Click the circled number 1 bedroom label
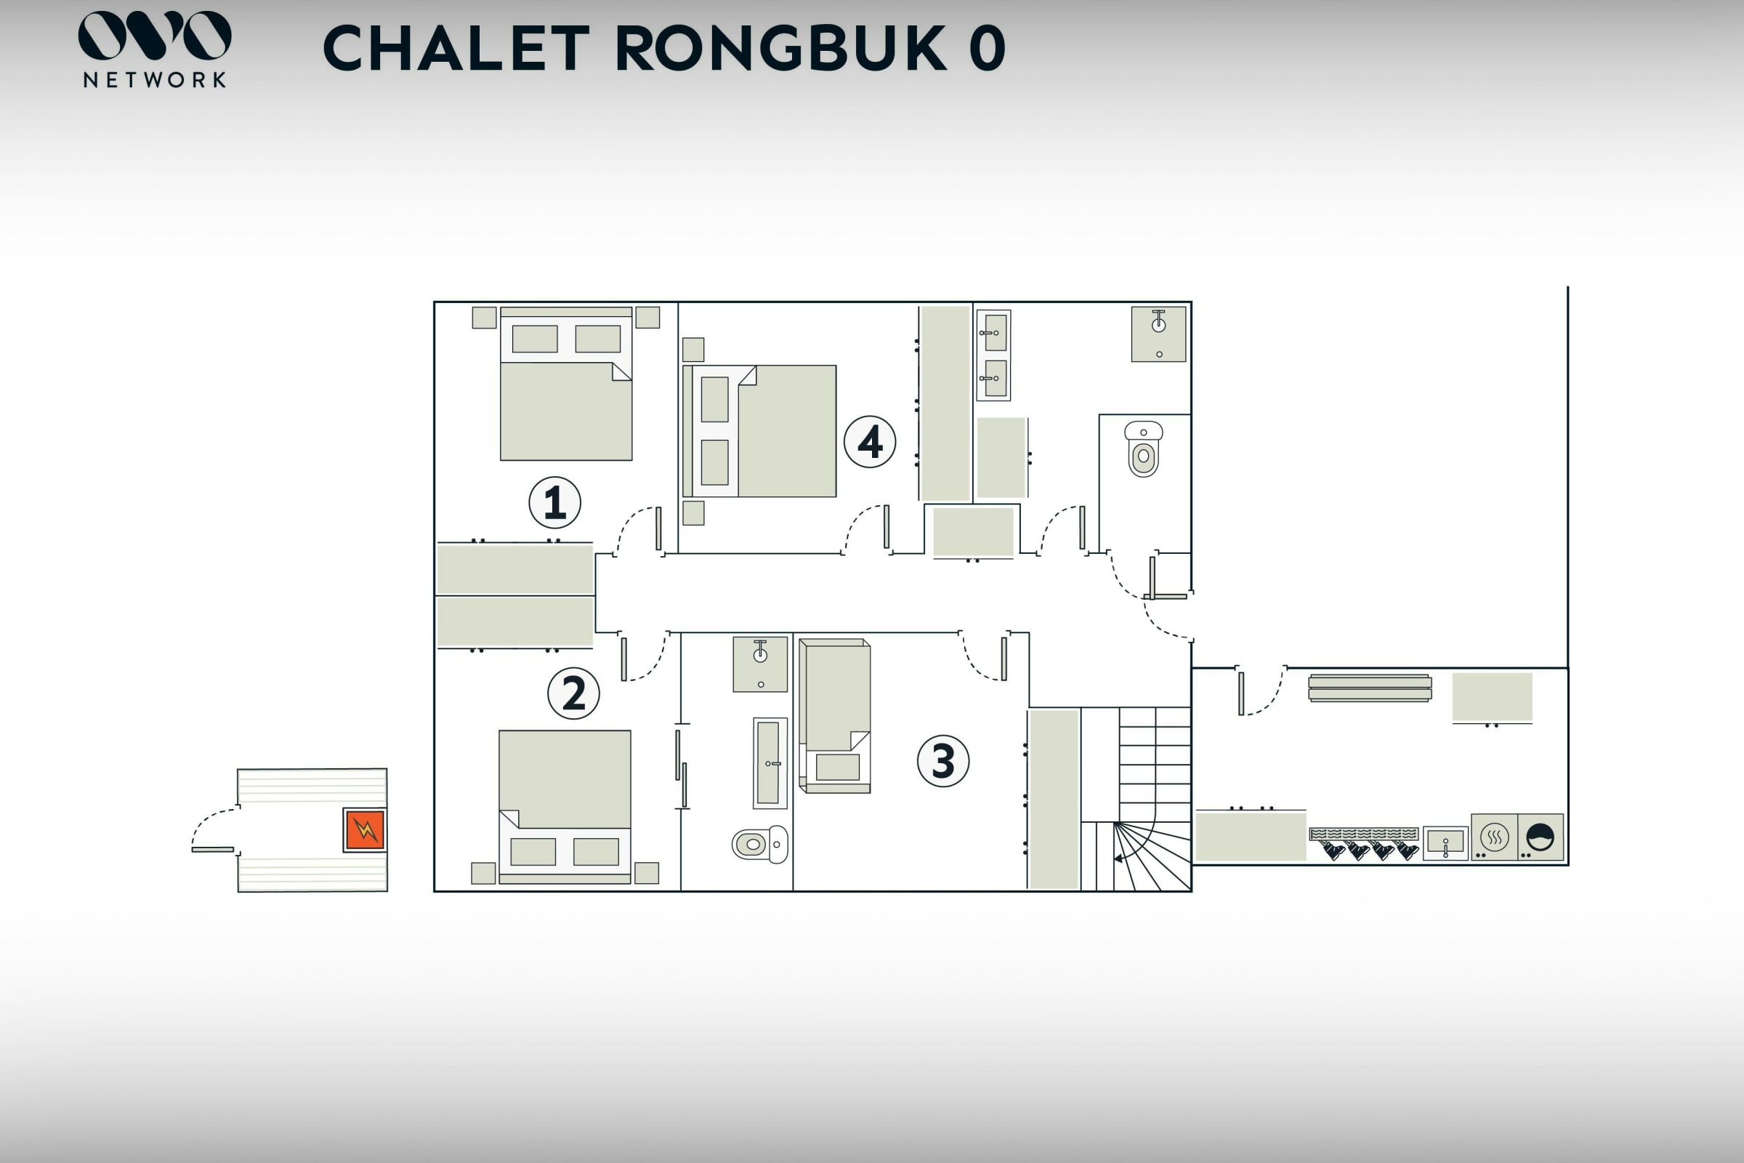(554, 502)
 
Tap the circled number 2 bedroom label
(573, 693)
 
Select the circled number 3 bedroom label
(943, 761)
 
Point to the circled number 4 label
(870, 442)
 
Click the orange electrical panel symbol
(365, 830)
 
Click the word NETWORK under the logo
(154, 79)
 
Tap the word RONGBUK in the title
(780, 48)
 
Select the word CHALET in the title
(456, 48)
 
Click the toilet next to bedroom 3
(760, 844)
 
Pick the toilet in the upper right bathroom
(1143, 448)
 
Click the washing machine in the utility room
(1540, 837)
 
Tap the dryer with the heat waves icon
(1494, 837)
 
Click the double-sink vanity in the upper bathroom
(993, 355)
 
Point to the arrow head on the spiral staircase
(1118, 858)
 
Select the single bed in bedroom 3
(835, 716)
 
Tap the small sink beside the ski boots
(1445, 843)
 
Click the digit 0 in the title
(987, 48)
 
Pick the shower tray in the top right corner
(1158, 334)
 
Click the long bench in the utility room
(1370, 688)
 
